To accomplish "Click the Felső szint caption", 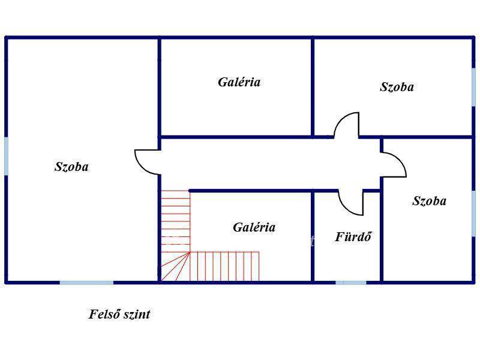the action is pyautogui.click(x=119, y=314).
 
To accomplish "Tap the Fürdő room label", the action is pyautogui.click(x=353, y=236).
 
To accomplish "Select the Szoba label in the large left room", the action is pyautogui.click(x=71, y=167).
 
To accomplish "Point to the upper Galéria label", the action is pyautogui.click(x=239, y=82).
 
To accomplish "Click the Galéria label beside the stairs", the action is pyautogui.click(x=254, y=227).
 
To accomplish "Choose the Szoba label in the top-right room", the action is pyautogui.click(x=397, y=87).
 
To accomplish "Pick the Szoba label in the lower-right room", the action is pyautogui.click(x=429, y=201).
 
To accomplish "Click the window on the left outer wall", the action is pyautogui.click(x=6, y=156).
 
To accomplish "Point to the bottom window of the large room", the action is pyautogui.click(x=86, y=283).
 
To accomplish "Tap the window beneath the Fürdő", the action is pyautogui.click(x=351, y=283).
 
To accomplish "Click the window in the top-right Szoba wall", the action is pyautogui.click(x=474, y=87).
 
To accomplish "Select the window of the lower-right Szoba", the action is pyautogui.click(x=474, y=214).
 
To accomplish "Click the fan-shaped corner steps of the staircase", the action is pyautogui.click(x=175, y=266).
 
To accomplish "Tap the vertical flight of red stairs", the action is pyautogui.click(x=176, y=221).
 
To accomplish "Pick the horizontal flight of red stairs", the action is pyautogui.click(x=224, y=266).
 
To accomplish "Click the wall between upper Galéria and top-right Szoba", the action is pyautogui.click(x=313, y=87).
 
